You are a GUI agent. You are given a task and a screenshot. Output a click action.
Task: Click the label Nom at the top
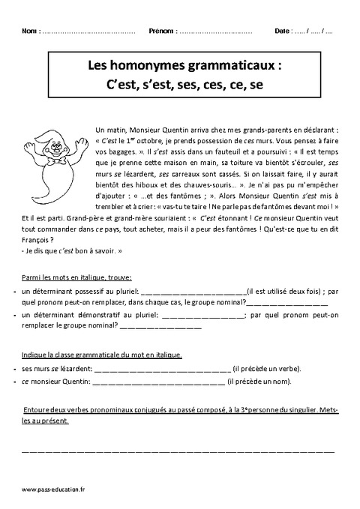[x=29, y=32]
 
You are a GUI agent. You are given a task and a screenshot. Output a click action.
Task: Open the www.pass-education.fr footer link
[x=53, y=490]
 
